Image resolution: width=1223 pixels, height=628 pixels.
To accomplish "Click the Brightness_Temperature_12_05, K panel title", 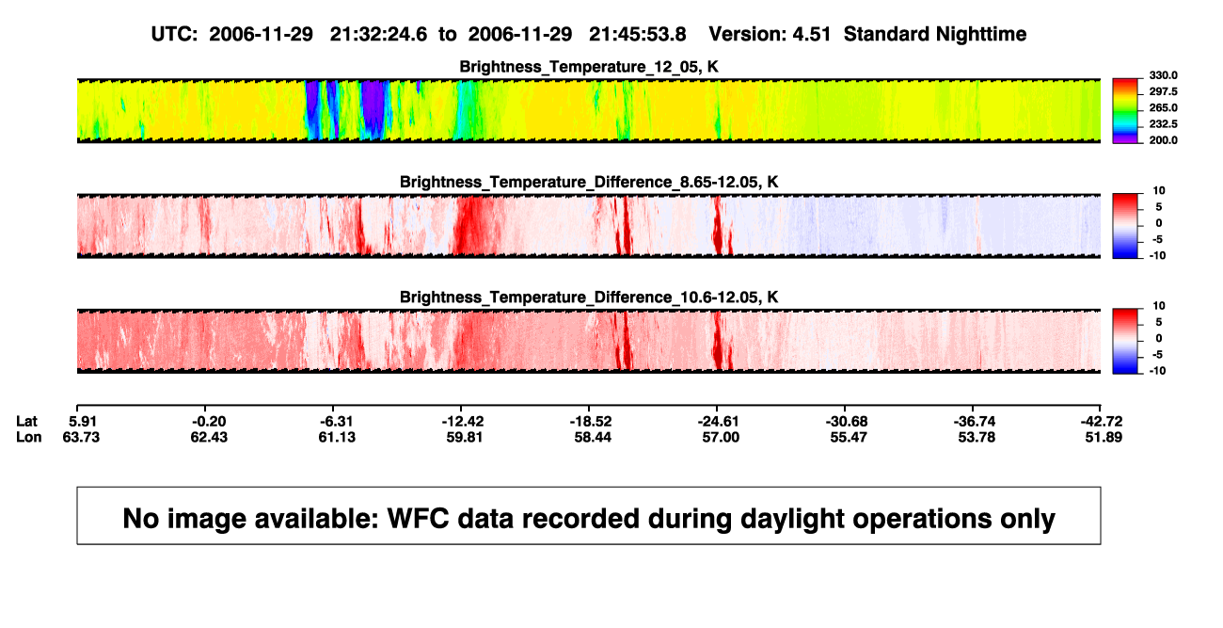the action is [x=589, y=67].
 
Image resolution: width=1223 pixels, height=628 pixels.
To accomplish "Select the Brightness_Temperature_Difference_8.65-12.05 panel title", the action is [x=589, y=182].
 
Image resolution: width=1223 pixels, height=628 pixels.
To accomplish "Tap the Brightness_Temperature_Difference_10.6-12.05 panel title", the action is [x=589, y=298].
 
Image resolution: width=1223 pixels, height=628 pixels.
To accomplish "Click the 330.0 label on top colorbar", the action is [x=1163, y=75].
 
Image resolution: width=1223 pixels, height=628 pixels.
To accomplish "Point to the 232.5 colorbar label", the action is [x=1163, y=124].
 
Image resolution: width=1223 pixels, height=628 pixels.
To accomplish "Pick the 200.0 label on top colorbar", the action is [x=1163, y=140].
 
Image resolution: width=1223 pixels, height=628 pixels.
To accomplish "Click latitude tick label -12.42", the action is [x=463, y=422].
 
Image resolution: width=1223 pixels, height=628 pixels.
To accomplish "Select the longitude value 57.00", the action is [x=721, y=437].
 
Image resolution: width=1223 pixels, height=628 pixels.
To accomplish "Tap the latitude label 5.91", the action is [x=83, y=422].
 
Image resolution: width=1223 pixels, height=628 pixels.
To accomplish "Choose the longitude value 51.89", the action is [x=1104, y=437].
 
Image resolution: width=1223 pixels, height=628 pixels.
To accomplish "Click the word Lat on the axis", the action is [x=26, y=422].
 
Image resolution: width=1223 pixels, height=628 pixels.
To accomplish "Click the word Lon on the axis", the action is [x=29, y=437].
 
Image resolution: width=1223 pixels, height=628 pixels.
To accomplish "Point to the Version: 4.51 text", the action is [x=770, y=35].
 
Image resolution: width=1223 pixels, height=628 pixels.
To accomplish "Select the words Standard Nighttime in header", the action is [x=935, y=35].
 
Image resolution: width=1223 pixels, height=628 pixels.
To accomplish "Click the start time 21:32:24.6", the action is [x=378, y=35].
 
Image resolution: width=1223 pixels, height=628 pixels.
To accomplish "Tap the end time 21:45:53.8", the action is [x=638, y=35].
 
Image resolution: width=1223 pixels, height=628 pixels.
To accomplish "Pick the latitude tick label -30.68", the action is [x=847, y=422].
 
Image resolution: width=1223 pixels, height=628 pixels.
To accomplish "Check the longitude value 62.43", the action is [x=209, y=437].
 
